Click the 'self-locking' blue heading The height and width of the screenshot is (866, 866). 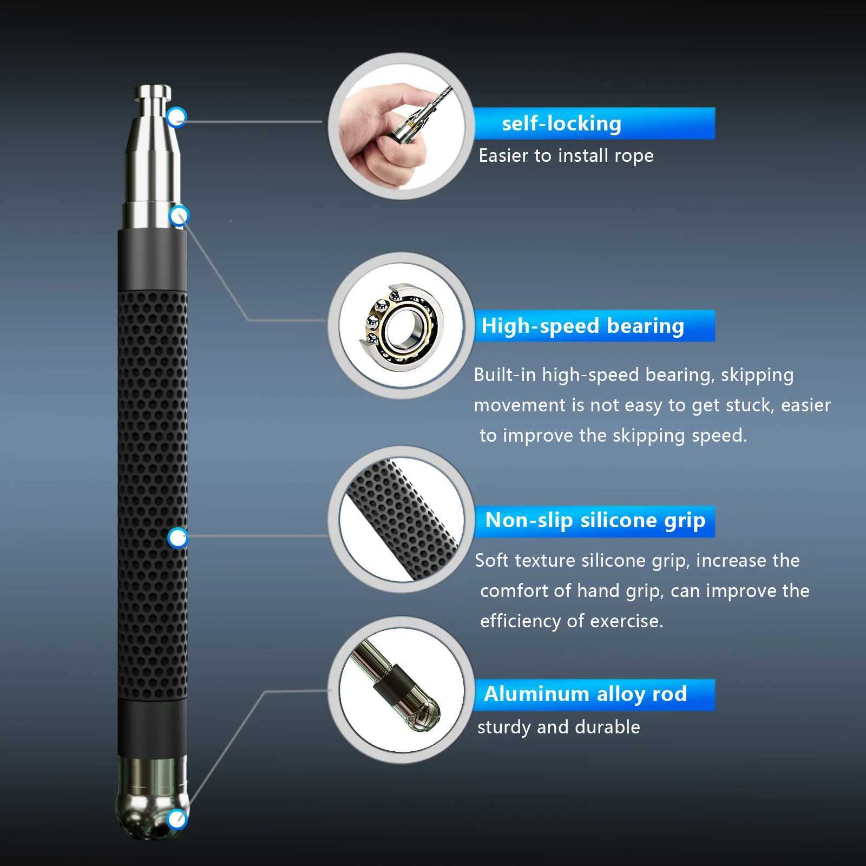(561, 123)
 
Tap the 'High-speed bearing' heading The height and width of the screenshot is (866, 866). (582, 326)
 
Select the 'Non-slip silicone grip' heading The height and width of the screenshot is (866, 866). (595, 520)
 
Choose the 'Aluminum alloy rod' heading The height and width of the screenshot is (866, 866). (585, 694)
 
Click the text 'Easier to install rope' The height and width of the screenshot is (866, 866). (566, 156)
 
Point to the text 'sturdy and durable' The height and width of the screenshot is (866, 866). (558, 727)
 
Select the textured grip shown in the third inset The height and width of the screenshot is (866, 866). (401, 520)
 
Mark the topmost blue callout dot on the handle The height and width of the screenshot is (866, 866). (176, 117)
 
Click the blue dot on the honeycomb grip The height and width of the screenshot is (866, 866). (177, 538)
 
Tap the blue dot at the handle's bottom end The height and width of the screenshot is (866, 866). (176, 819)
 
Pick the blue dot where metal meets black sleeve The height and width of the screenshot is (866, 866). (179, 216)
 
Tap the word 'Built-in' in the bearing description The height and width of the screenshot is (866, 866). (504, 375)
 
